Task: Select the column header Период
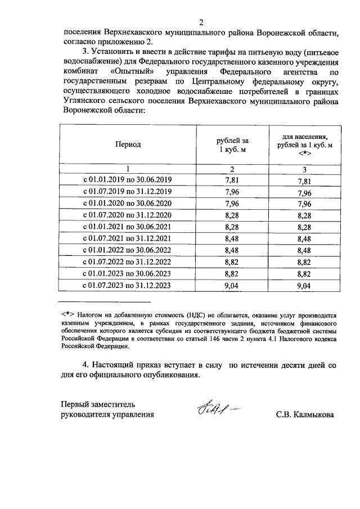[128, 145]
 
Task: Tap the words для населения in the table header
[305, 137]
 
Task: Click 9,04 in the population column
[304, 286]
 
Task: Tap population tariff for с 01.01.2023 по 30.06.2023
[304, 274]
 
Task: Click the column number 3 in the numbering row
[304, 169]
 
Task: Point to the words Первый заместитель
[98, 404]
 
